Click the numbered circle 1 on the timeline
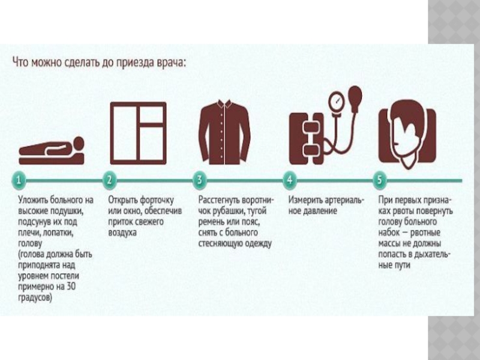[19, 179]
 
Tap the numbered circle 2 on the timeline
[109, 179]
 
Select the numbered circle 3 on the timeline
[200, 179]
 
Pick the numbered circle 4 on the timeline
[290, 179]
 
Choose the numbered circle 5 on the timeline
[380, 179]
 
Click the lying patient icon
[52, 151]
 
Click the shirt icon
[224, 132]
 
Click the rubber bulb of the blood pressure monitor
[355, 97]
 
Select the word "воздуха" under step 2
[122, 233]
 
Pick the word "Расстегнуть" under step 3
[219, 200]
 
